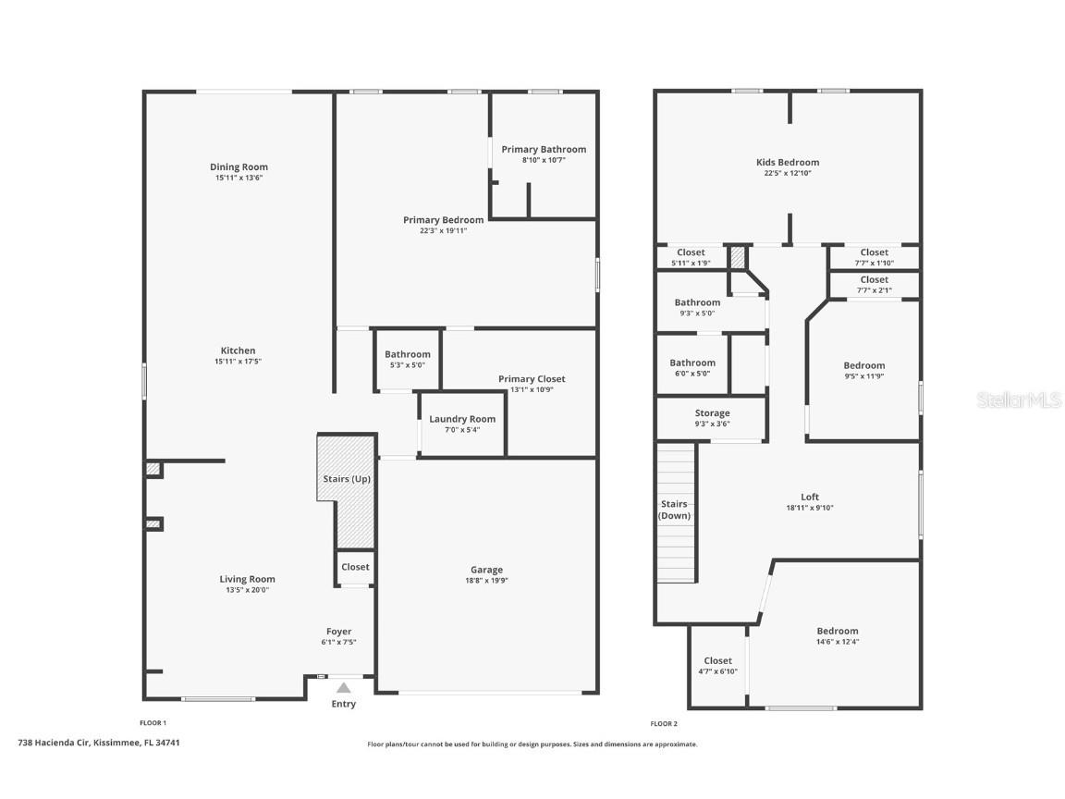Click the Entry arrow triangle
coord(344,688)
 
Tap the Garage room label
coord(487,570)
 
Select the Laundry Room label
coord(462,419)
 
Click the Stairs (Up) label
coord(347,479)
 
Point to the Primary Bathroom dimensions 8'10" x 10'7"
coord(544,160)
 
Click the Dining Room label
coord(239,167)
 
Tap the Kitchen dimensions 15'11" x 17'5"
coord(238,362)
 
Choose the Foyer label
coord(339,632)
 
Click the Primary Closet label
coord(532,379)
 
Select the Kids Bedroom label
coord(788,163)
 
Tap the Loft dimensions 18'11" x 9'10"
coord(810,508)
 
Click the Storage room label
coord(713,413)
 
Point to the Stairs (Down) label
coord(675,510)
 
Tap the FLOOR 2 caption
coord(664,723)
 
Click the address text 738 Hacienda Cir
coord(54,743)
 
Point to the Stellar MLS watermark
coord(1019,400)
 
